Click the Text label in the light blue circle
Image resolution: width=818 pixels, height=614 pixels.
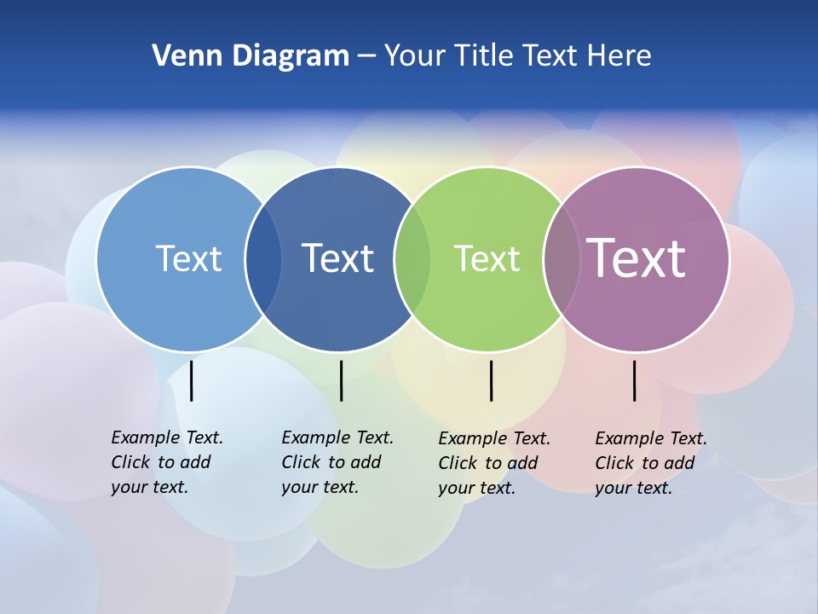(x=188, y=258)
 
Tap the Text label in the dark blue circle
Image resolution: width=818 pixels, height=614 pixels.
(x=337, y=258)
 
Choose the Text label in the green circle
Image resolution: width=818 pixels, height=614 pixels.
(x=487, y=258)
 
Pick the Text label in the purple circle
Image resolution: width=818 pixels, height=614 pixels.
(x=636, y=258)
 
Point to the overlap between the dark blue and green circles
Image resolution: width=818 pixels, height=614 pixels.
(x=412, y=259)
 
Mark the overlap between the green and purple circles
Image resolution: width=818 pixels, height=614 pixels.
(x=561, y=259)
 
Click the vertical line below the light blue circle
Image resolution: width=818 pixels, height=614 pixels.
(x=192, y=380)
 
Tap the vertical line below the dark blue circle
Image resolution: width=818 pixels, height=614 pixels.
(x=341, y=380)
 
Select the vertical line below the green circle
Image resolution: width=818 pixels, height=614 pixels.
(x=492, y=380)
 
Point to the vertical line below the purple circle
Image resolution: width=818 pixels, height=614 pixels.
(x=635, y=380)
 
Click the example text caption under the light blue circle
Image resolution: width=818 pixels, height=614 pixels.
(x=166, y=462)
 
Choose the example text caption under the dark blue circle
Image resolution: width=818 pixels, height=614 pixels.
(x=337, y=462)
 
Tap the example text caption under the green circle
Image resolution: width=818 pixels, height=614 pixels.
(x=493, y=463)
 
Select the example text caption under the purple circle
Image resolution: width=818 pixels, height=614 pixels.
(x=650, y=463)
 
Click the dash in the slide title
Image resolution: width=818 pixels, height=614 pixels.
(x=366, y=56)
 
